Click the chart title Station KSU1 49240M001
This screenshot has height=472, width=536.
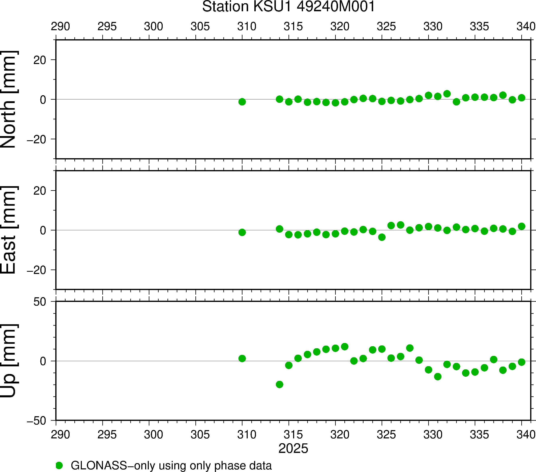(289, 7)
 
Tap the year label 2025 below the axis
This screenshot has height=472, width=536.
(293, 448)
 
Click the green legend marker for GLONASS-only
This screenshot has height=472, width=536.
(59, 465)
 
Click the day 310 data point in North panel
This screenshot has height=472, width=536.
(242, 102)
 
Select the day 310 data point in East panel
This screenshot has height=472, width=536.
(242, 232)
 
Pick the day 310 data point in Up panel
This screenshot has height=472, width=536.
(242, 358)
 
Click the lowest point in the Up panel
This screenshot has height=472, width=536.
(279, 384)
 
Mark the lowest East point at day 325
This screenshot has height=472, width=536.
(382, 237)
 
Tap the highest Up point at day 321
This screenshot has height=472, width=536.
(345, 347)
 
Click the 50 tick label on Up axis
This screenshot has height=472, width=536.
(40, 302)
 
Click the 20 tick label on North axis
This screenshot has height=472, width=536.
(40, 60)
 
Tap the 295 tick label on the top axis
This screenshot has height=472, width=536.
(107, 27)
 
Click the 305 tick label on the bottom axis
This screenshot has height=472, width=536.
(200, 434)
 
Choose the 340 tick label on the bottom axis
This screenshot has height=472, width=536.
(526, 434)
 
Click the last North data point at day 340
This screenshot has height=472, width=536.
(522, 98)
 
